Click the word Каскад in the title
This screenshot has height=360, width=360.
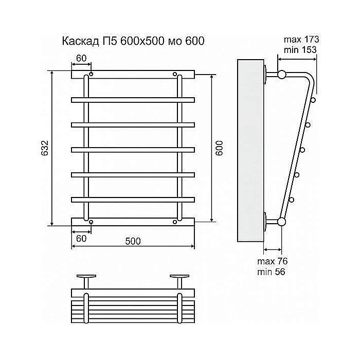pos(80,42)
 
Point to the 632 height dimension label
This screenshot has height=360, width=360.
pos(45,148)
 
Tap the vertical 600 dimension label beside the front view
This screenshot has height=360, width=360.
pos(220,149)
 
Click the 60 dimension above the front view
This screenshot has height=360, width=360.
pos(81,58)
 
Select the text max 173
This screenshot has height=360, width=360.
pos(301,40)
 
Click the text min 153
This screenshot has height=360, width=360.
pos(300,49)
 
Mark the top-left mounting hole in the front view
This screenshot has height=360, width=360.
pos(91,75)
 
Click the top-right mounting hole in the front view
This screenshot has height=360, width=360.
pos(175,74)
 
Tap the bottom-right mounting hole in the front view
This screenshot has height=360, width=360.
pos(175,222)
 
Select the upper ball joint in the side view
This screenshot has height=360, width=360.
pos(281,74)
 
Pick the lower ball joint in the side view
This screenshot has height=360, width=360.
pos(281,222)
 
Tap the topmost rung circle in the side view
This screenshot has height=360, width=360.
pos(313,99)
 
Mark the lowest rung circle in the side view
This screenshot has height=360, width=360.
pos(292,200)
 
